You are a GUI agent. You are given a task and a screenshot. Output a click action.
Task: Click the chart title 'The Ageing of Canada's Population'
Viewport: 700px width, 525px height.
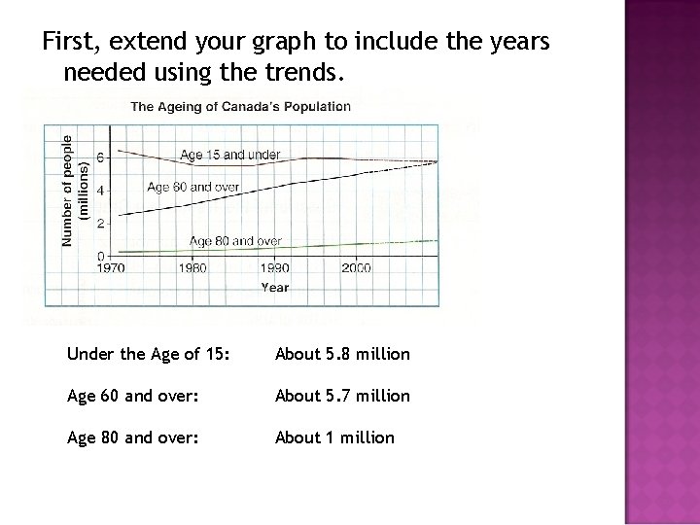click(241, 107)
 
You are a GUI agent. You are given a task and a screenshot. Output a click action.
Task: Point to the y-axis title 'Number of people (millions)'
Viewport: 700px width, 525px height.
click(75, 190)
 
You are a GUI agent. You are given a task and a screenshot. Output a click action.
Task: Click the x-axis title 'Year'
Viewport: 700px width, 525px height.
click(274, 288)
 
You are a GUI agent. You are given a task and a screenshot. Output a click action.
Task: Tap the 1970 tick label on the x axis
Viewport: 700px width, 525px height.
click(113, 268)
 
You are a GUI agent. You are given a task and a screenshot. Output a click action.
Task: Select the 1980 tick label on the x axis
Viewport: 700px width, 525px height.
click(193, 268)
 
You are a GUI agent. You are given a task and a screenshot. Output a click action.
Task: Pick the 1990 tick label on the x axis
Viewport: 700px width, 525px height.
click(275, 268)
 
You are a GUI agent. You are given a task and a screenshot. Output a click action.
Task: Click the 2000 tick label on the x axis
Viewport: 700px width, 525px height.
click(356, 268)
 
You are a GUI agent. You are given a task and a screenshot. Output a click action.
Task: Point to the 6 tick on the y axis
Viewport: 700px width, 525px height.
click(100, 157)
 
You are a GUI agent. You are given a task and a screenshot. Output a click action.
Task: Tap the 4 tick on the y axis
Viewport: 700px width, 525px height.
click(100, 190)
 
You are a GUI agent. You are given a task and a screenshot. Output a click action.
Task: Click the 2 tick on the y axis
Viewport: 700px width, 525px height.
click(100, 223)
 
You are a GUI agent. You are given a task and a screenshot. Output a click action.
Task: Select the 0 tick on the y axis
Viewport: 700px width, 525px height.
click(100, 256)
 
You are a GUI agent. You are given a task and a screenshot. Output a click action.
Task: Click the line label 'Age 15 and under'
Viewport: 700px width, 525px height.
click(229, 155)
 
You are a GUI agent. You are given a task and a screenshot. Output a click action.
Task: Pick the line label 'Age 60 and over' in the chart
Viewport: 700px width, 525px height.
click(193, 187)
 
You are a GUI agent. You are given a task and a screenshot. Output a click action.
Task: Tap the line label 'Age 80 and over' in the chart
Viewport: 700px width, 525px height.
click(235, 240)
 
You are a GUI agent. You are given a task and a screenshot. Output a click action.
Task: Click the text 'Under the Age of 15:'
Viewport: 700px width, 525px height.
click(149, 354)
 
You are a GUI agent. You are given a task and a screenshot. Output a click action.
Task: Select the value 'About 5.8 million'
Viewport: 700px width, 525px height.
click(342, 354)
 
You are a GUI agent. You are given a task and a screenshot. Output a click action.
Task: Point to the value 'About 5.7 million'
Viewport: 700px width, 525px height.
click(342, 396)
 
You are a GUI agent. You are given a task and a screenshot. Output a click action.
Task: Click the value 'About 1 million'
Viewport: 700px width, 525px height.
click(334, 437)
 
